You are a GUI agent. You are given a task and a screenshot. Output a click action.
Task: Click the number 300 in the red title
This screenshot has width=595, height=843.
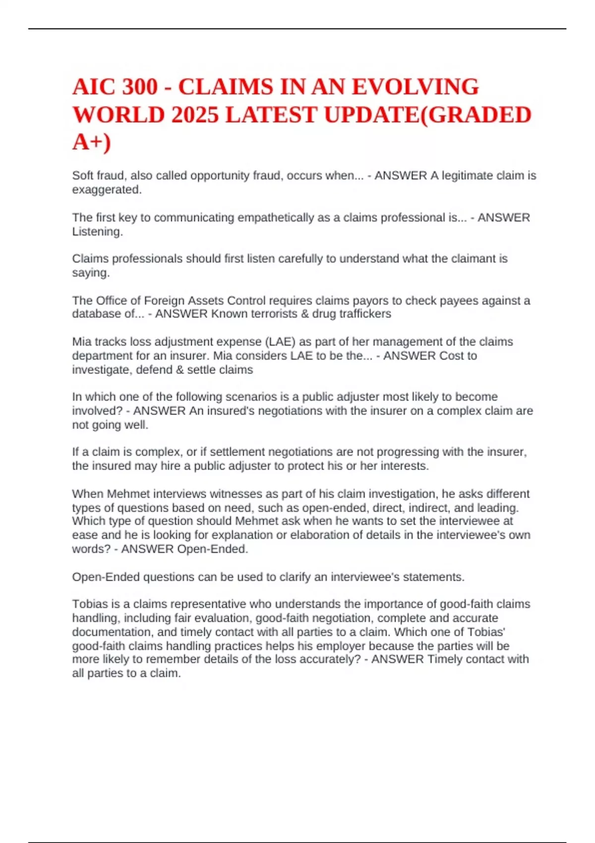tap(139, 87)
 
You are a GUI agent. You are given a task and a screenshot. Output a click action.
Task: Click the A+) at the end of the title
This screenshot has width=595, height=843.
tap(92, 142)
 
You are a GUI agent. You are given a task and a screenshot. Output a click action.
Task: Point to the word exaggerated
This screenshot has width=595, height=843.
tap(106, 189)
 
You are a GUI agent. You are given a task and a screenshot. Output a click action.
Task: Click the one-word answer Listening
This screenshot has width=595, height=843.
tap(97, 232)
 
